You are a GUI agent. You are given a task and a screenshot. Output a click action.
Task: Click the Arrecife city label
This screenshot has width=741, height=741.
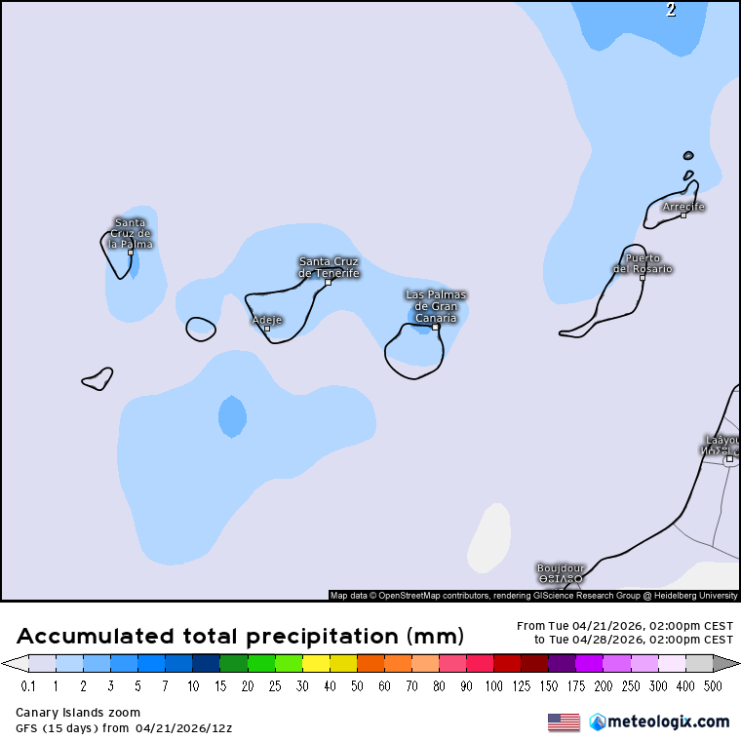(682, 207)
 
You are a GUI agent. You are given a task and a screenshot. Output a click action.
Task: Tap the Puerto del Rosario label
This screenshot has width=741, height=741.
(643, 263)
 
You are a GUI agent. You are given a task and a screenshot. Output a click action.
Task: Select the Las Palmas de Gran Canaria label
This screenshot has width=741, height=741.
(436, 306)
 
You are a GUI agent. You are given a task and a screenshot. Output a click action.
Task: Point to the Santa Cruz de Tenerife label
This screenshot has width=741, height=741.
(329, 267)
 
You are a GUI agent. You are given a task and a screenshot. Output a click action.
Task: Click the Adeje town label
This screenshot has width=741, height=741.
(267, 319)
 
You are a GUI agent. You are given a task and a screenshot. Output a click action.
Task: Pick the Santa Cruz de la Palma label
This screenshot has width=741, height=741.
(130, 233)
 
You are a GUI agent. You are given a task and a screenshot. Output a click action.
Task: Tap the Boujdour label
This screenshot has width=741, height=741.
(561, 572)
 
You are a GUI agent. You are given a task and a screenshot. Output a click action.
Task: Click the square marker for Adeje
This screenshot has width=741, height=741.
(267, 329)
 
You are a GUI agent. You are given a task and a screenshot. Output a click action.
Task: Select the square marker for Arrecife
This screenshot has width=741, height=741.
(683, 214)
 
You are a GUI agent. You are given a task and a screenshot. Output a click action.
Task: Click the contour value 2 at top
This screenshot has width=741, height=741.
(671, 11)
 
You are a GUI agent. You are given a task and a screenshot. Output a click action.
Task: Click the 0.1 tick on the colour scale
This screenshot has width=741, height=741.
(29, 686)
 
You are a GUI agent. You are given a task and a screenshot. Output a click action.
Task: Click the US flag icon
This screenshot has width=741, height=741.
(564, 722)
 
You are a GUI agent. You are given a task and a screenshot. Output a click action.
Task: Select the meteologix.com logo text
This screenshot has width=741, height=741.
(668, 722)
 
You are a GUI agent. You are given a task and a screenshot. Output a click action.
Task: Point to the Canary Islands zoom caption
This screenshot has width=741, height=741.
(78, 713)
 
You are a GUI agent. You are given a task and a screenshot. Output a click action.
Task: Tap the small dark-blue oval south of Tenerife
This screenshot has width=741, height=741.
(232, 416)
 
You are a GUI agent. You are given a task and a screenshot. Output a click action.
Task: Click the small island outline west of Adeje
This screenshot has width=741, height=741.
(201, 330)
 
